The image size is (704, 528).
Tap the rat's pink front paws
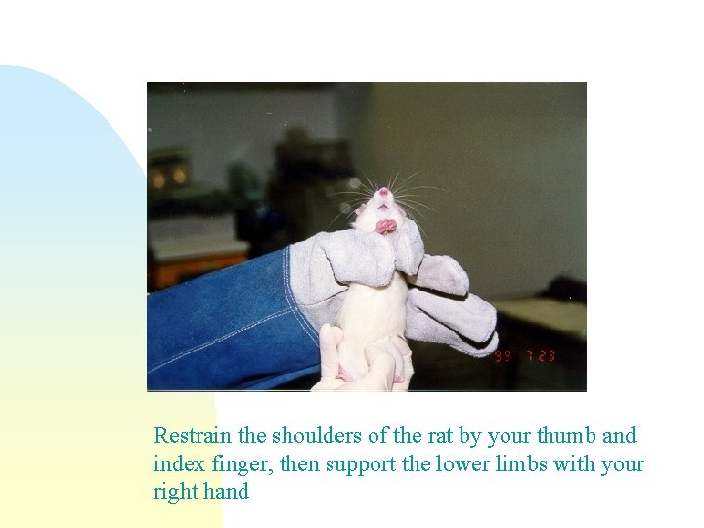[x=387, y=226]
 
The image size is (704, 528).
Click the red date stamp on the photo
[x=525, y=355]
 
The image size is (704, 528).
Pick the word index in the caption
[x=176, y=463]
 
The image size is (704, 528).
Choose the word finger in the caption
[x=234, y=463]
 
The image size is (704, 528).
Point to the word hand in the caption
[x=227, y=491]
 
